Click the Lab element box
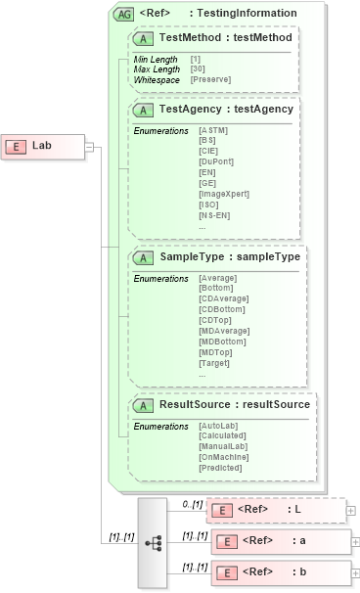[x=44, y=146]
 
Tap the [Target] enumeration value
[x=214, y=364]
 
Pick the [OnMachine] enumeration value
[x=224, y=457]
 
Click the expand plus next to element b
[x=355, y=570]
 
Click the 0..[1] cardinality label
[x=191, y=503]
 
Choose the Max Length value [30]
[x=196, y=68]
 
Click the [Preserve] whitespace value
[x=210, y=78]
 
